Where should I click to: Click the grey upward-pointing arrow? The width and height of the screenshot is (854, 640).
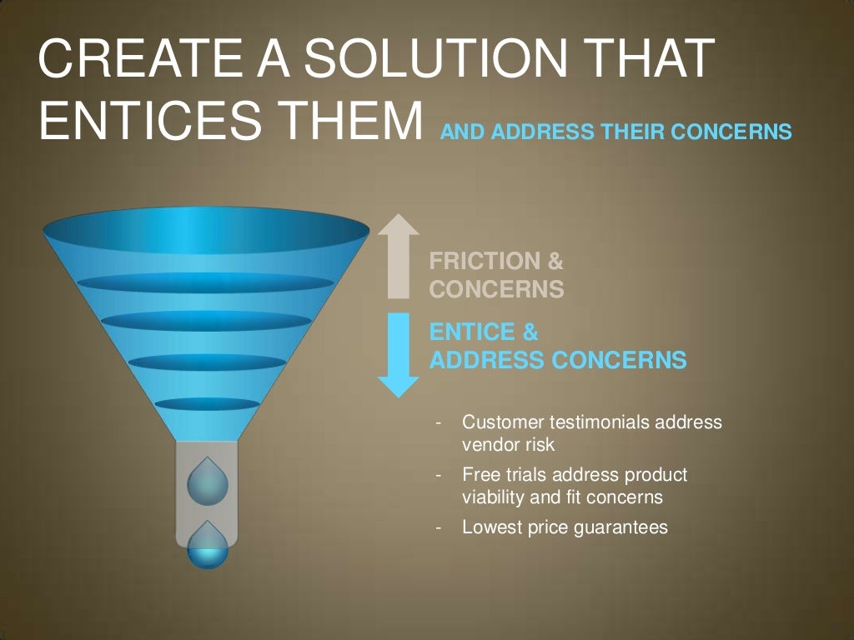point(399,254)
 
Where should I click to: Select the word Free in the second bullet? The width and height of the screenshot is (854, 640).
point(479,475)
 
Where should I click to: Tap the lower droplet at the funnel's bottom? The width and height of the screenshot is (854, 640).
point(207,546)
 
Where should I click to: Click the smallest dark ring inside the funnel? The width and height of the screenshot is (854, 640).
point(207,404)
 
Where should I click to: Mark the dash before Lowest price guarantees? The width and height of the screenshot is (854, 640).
point(438,527)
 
